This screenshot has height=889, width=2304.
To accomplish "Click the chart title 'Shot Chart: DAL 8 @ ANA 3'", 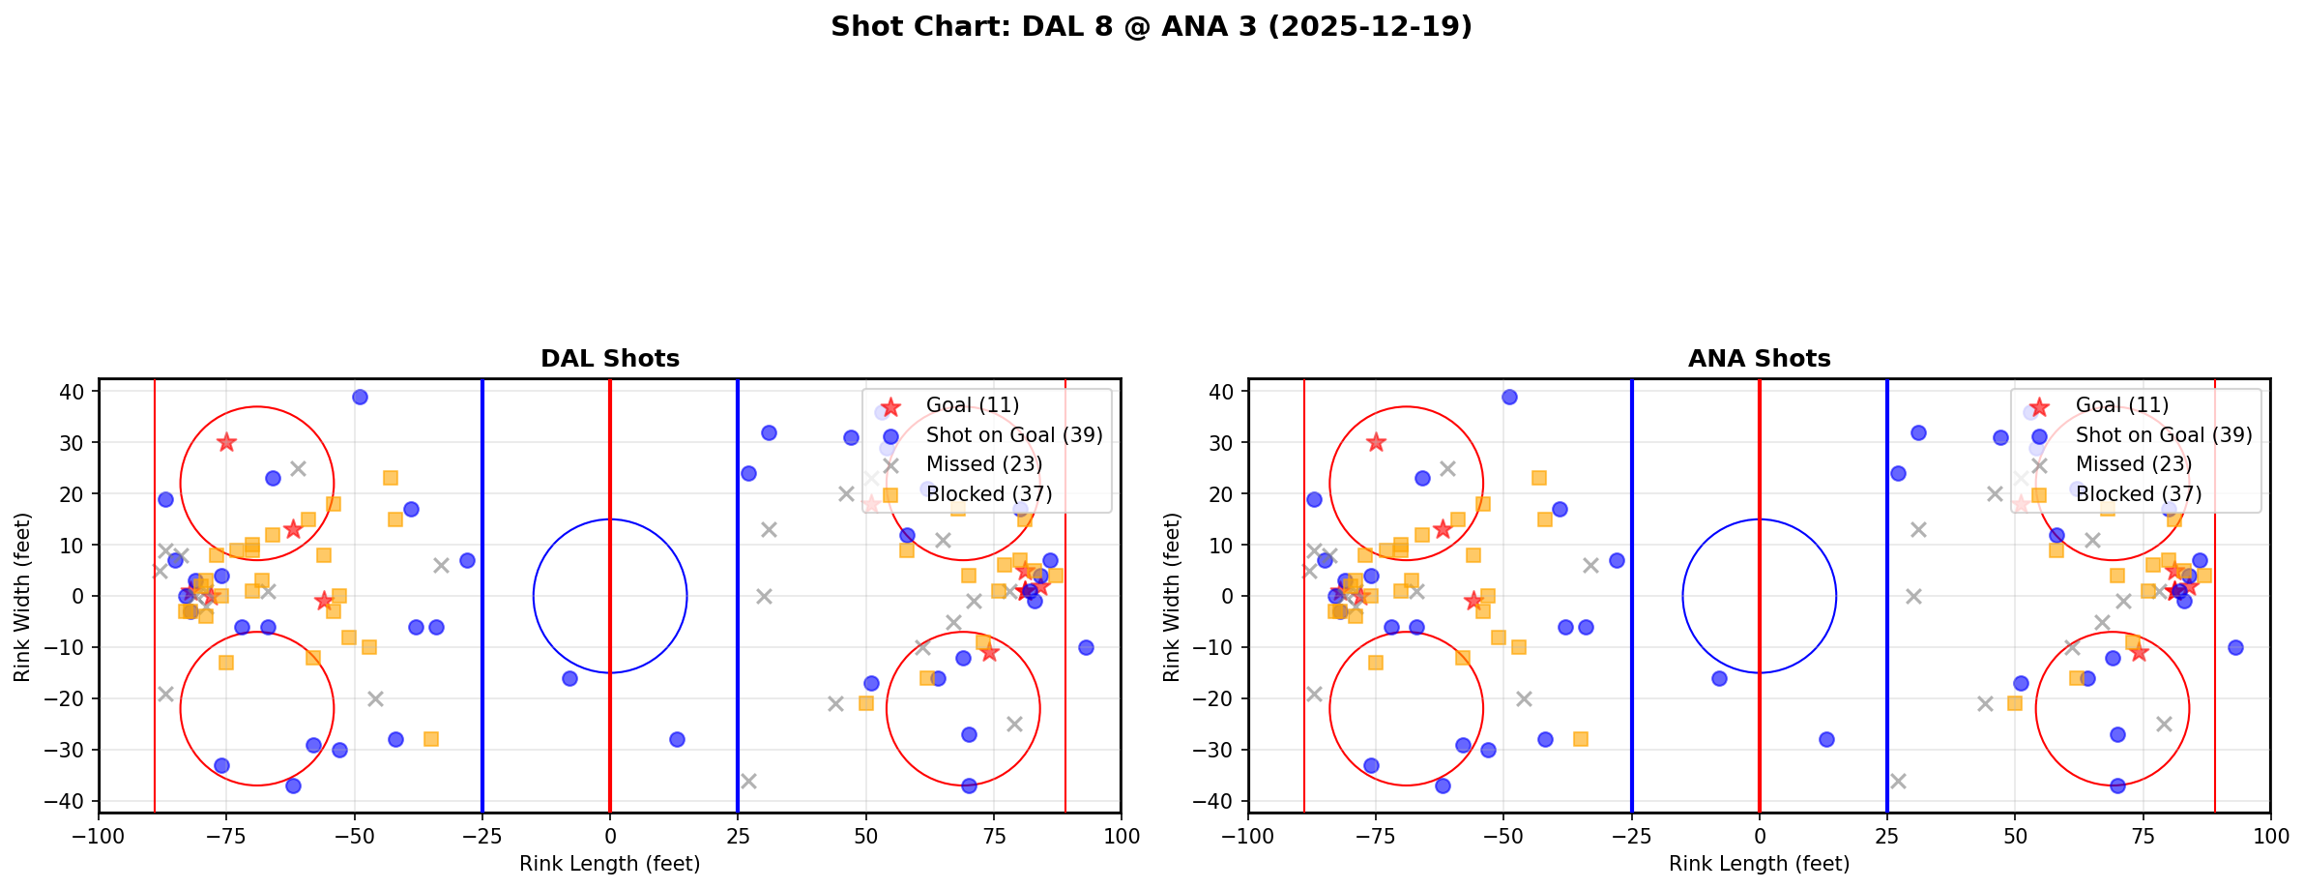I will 1151,26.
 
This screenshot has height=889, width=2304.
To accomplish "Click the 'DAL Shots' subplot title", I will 609,359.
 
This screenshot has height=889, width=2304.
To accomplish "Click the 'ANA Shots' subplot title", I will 1759,359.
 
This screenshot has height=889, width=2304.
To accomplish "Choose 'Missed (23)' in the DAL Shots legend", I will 983,465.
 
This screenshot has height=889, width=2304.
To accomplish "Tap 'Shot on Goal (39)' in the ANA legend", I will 2163,435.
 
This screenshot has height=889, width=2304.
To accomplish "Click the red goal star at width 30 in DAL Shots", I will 226,442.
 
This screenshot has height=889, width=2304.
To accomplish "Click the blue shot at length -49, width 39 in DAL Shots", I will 360,397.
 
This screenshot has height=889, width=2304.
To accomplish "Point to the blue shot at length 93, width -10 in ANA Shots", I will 2234,647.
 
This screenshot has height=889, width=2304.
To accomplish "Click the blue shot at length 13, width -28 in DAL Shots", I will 677,739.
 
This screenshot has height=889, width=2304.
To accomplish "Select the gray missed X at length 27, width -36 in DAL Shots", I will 748,781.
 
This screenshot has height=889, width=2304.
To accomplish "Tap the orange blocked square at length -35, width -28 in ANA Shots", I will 1580,739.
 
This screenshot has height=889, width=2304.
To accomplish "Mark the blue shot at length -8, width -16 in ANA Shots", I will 1718,678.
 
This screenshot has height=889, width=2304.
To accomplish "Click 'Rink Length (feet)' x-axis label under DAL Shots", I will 609,864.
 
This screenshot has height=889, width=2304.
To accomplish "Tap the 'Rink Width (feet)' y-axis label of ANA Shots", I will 1173,596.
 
